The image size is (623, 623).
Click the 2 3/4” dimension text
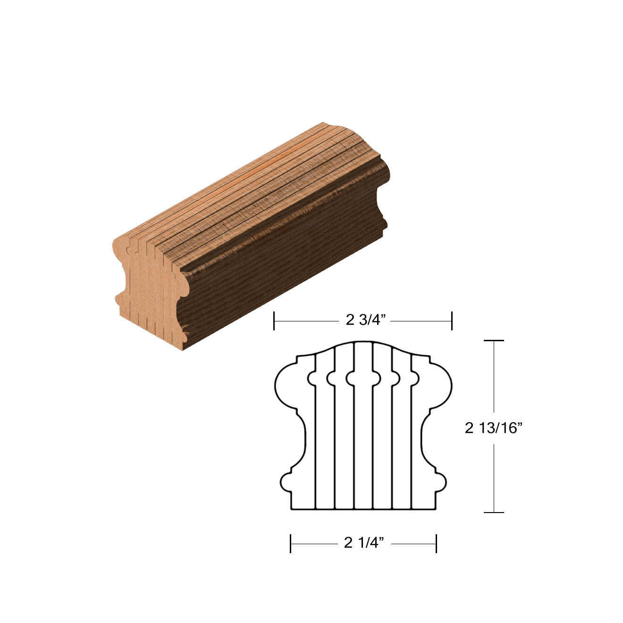[366, 320]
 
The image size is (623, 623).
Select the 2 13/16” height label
[493, 428]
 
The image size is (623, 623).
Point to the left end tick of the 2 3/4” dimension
[274, 320]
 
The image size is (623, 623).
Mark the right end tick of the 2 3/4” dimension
[452, 320]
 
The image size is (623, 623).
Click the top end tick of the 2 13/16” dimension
[494, 340]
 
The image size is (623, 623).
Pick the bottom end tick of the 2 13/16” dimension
[494, 512]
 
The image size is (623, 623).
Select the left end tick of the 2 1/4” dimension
[291, 543]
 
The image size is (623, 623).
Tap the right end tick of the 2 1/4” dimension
[436, 543]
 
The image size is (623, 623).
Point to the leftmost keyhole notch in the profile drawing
[312, 378]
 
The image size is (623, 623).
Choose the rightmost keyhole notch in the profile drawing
[415, 378]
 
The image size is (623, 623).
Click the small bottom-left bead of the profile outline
[286, 482]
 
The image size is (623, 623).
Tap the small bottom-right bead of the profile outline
[441, 482]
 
